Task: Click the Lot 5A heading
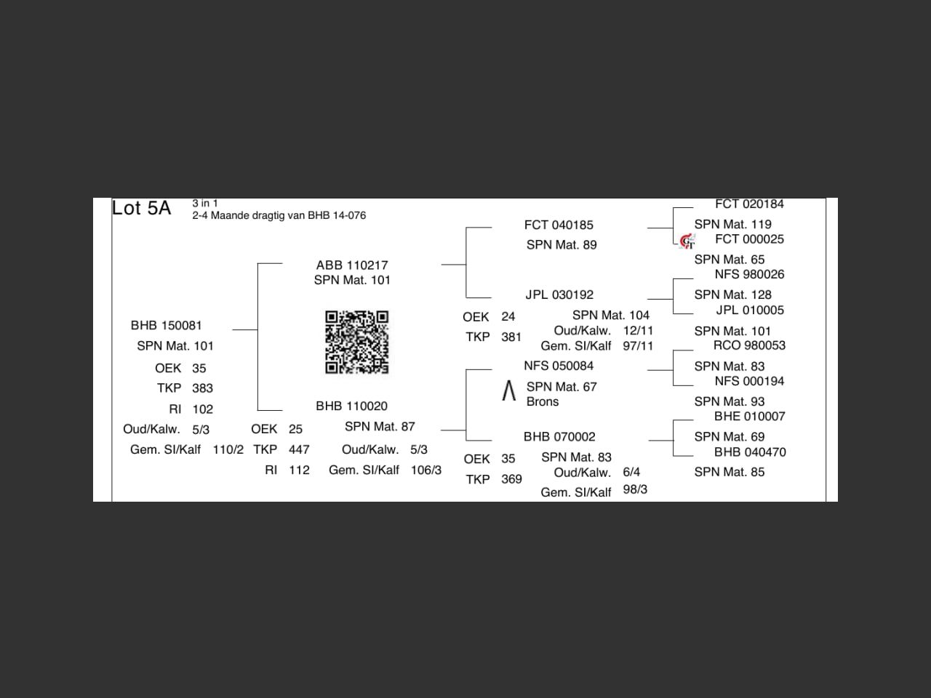click(x=141, y=208)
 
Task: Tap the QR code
click(x=356, y=342)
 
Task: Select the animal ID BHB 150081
click(x=167, y=325)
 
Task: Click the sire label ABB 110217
click(x=352, y=265)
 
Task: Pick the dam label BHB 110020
click(x=351, y=406)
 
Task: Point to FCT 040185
click(x=559, y=225)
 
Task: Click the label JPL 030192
click(x=559, y=294)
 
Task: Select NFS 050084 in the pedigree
click(x=559, y=366)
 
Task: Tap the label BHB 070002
click(x=559, y=436)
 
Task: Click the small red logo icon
click(x=687, y=241)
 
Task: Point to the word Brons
click(x=543, y=401)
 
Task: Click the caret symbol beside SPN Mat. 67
click(x=509, y=391)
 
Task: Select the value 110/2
click(x=228, y=449)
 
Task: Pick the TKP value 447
click(x=299, y=449)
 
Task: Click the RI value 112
click(x=299, y=470)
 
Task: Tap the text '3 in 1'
click(x=205, y=204)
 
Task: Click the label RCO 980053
click(x=749, y=345)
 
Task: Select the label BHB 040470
click(x=750, y=452)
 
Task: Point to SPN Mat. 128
click(x=732, y=294)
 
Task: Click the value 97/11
click(x=638, y=346)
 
